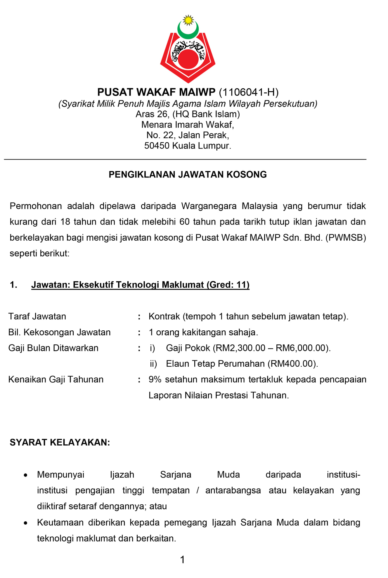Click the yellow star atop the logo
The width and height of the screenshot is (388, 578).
[188, 20]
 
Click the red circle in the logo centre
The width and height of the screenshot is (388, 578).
[188, 59]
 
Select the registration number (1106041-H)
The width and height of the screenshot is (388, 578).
[248, 92]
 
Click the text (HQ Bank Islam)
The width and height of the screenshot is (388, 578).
[206, 114]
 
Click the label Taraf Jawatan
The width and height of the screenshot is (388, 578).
[37, 316]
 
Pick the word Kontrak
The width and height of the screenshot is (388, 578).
[164, 316]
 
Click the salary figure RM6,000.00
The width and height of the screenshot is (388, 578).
[302, 348]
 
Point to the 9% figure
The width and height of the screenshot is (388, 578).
[155, 379]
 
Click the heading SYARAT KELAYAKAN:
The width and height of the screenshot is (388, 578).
[60, 442]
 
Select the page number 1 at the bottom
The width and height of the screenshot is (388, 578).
[183, 560]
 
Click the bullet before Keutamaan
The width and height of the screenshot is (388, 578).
[26, 523]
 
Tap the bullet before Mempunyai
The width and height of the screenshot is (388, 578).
[26, 475]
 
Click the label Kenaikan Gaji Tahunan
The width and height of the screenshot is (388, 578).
[56, 379]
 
